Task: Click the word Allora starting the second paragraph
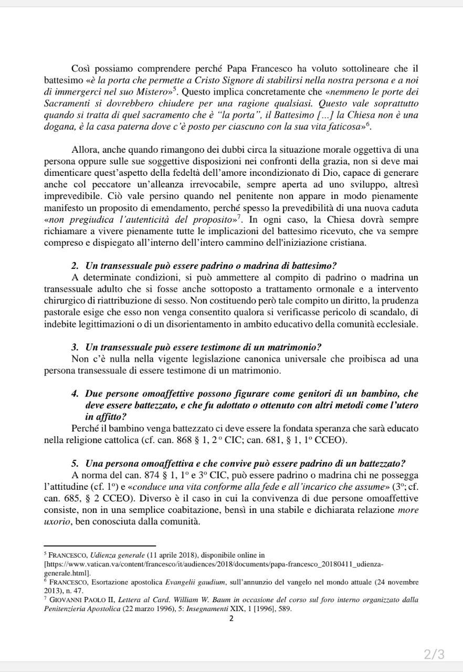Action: (x=85, y=150)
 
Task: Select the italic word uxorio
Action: (x=56, y=521)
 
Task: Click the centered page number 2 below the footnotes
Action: (x=231, y=618)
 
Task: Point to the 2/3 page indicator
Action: (x=434, y=654)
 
